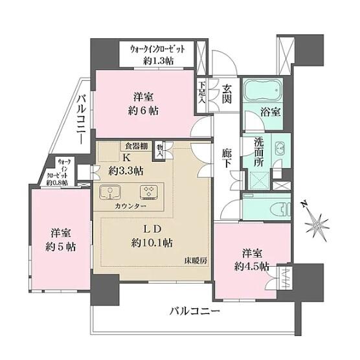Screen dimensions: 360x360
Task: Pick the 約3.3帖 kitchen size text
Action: (126, 171)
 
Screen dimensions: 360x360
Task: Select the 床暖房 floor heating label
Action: (195, 261)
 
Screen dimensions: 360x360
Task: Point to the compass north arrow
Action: (318, 223)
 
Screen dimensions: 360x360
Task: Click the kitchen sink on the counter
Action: (110, 192)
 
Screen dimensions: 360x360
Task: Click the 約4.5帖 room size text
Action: (250, 266)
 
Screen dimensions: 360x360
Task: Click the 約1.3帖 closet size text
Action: (159, 61)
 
